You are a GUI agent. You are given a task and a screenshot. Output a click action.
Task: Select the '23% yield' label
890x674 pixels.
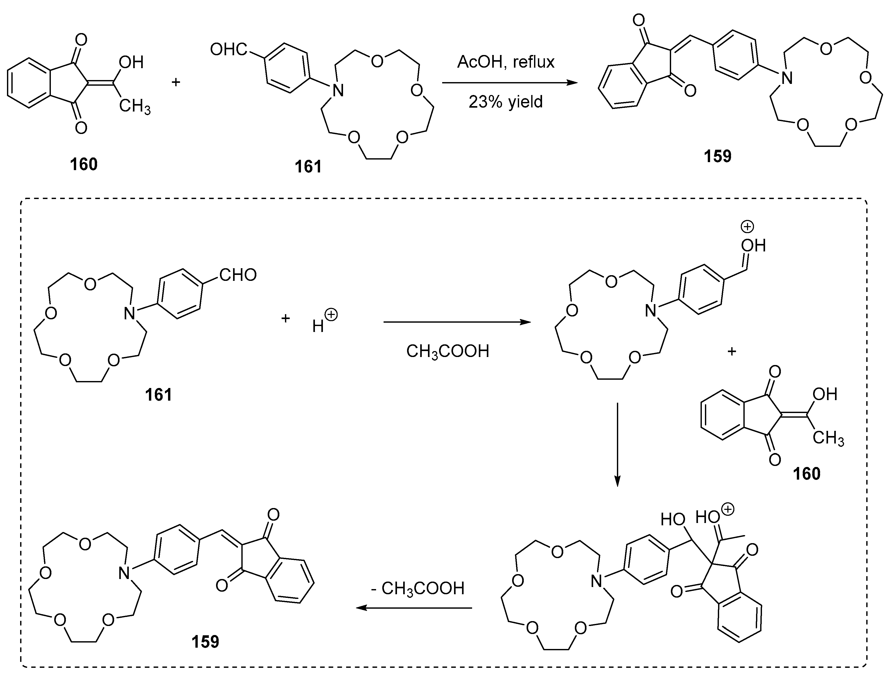click(505, 102)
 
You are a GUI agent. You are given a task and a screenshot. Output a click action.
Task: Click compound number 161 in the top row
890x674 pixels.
click(308, 166)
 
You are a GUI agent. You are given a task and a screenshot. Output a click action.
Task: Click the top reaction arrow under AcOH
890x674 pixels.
click(509, 83)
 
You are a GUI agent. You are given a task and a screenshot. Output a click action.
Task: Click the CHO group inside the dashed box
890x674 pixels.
click(238, 275)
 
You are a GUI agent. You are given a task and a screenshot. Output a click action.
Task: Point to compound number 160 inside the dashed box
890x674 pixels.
click(806, 474)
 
